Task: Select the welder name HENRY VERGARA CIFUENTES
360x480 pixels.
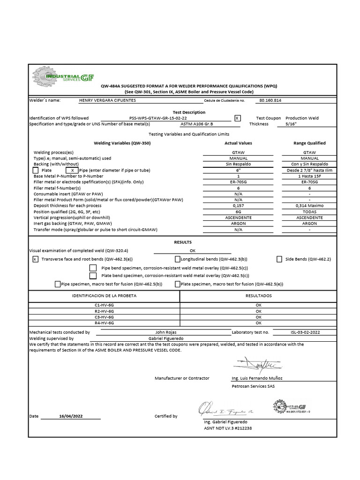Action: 108,100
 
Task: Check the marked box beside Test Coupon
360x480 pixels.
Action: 237,118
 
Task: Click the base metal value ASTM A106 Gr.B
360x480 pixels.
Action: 196,124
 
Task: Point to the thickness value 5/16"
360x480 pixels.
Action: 291,124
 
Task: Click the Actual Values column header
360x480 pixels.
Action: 238,143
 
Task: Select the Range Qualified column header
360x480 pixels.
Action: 309,143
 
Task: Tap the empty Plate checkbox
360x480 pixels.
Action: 36,171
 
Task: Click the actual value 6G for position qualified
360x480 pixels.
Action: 238,212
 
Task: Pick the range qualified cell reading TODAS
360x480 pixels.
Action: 309,212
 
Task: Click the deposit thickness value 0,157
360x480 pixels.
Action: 238,206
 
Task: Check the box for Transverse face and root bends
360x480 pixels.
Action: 36,259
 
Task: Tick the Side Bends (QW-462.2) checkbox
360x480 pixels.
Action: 279,259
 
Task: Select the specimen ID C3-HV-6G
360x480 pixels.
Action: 104,317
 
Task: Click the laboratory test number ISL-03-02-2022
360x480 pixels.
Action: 306,332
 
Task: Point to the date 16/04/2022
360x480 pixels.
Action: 71,416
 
